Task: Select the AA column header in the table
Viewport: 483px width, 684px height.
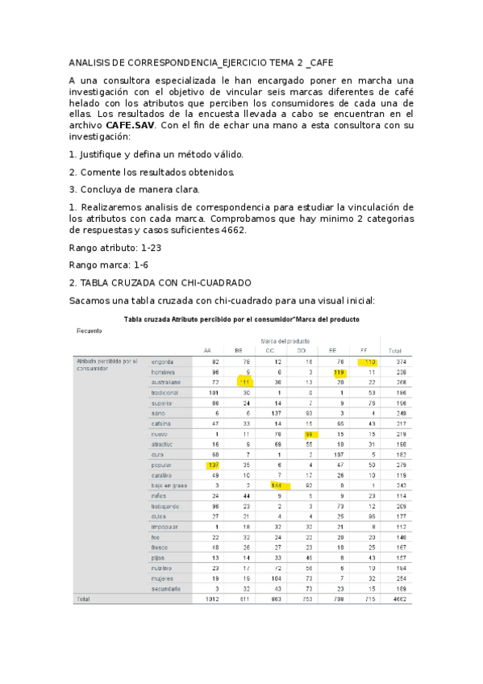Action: pos(207,350)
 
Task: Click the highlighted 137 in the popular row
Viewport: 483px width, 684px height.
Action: pos(213,465)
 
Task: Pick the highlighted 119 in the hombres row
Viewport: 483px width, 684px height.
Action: pos(339,373)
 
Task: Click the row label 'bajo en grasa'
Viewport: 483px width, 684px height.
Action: pos(169,486)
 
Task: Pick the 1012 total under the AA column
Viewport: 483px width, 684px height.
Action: pos(212,600)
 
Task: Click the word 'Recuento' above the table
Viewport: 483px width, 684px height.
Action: pos(90,330)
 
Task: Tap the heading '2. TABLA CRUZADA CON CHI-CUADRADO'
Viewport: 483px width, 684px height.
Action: pos(160,282)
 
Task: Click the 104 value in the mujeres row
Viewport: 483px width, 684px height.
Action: pos(276,578)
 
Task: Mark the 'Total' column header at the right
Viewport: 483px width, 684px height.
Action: pos(395,350)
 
